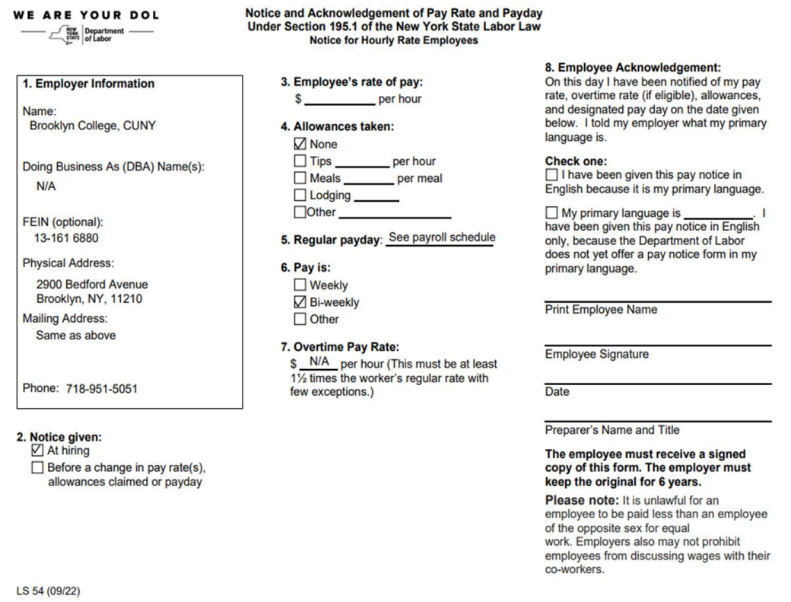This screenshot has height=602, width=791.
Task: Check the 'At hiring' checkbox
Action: point(37,451)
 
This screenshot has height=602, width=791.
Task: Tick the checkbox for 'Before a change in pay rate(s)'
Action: point(37,467)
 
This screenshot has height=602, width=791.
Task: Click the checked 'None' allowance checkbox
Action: point(300,144)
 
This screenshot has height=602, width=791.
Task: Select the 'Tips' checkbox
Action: point(300,161)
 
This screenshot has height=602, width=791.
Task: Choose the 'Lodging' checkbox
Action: point(300,196)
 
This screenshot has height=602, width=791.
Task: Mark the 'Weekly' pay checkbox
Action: point(300,285)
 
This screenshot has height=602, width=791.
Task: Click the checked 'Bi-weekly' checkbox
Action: point(300,302)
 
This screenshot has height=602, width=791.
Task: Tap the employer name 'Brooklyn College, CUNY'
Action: point(92,126)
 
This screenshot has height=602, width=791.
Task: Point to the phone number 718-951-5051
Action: point(101,389)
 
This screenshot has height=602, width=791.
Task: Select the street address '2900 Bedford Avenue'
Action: point(92,285)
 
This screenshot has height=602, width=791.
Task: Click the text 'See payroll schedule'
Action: point(441,237)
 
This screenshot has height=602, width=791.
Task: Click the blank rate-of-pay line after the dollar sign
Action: point(339,99)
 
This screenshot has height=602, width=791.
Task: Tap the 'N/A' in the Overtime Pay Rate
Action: point(318,362)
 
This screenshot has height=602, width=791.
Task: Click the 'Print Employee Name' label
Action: point(601,310)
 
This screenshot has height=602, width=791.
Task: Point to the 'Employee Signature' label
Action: point(596,355)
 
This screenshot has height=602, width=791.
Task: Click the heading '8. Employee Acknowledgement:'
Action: point(633,67)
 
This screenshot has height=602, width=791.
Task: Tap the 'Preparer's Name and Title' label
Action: point(612,430)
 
